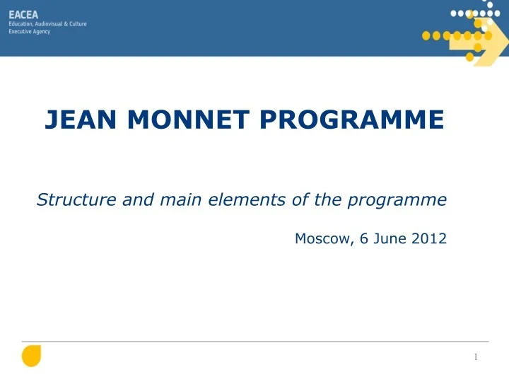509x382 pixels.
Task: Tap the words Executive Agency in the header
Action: tap(29, 32)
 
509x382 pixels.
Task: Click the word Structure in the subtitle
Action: tap(68, 200)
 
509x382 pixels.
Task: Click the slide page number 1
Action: tap(476, 357)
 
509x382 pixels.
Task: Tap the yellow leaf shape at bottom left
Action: tap(31, 356)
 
